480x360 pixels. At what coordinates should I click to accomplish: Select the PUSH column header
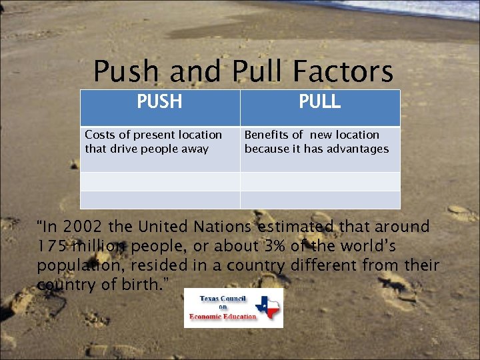pyautogui.click(x=159, y=101)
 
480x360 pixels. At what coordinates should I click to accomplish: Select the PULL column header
pyautogui.click(x=319, y=101)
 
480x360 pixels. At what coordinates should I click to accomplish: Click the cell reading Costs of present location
pyautogui.click(x=153, y=141)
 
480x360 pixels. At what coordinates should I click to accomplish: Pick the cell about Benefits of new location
pyautogui.click(x=317, y=141)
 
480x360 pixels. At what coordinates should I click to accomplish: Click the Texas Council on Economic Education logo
pyautogui.click(x=233, y=308)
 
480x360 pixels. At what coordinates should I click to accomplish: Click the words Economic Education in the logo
pyautogui.click(x=223, y=316)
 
